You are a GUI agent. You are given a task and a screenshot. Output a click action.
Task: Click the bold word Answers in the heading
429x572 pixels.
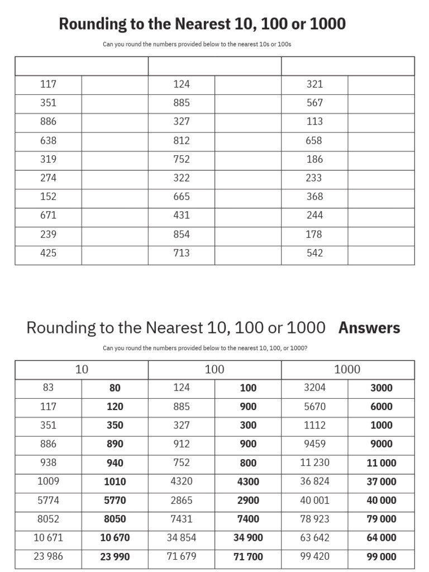coord(369,328)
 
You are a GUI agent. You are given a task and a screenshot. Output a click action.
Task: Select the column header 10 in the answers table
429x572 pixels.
coord(82,369)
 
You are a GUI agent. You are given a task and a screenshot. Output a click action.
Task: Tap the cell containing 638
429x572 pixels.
coord(49,141)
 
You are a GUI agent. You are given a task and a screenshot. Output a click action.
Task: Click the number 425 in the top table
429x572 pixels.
coord(49,253)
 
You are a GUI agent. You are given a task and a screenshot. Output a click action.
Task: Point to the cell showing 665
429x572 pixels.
coord(182,197)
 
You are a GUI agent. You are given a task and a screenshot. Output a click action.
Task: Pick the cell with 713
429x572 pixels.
coord(182,253)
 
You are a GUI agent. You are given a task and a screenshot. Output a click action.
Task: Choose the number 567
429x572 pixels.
coord(314,103)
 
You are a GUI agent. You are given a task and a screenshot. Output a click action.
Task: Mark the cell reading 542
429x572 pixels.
coord(314,253)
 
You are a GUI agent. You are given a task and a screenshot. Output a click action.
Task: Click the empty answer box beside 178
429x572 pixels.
coord(381,235)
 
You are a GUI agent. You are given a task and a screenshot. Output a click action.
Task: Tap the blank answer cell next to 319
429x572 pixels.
coord(115,159)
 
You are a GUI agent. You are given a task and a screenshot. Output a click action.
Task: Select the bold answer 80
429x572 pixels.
coord(115,388)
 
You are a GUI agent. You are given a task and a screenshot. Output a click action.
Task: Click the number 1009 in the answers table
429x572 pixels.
coord(49,481)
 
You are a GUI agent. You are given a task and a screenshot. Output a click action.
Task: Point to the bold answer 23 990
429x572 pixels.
coord(115,557)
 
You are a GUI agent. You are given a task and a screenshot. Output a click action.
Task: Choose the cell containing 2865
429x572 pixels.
coord(182,500)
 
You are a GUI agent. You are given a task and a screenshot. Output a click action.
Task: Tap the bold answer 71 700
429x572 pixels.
coord(248,557)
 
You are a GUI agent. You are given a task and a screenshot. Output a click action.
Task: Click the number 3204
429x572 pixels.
coord(314,388)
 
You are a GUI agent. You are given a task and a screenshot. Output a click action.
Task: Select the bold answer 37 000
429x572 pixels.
coord(382,482)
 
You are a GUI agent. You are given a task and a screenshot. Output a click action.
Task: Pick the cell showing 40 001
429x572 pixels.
coord(314,500)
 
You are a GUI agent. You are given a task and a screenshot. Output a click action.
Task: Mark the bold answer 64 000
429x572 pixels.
coord(382,538)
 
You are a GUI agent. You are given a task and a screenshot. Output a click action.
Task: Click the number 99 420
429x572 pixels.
coord(314,556)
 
